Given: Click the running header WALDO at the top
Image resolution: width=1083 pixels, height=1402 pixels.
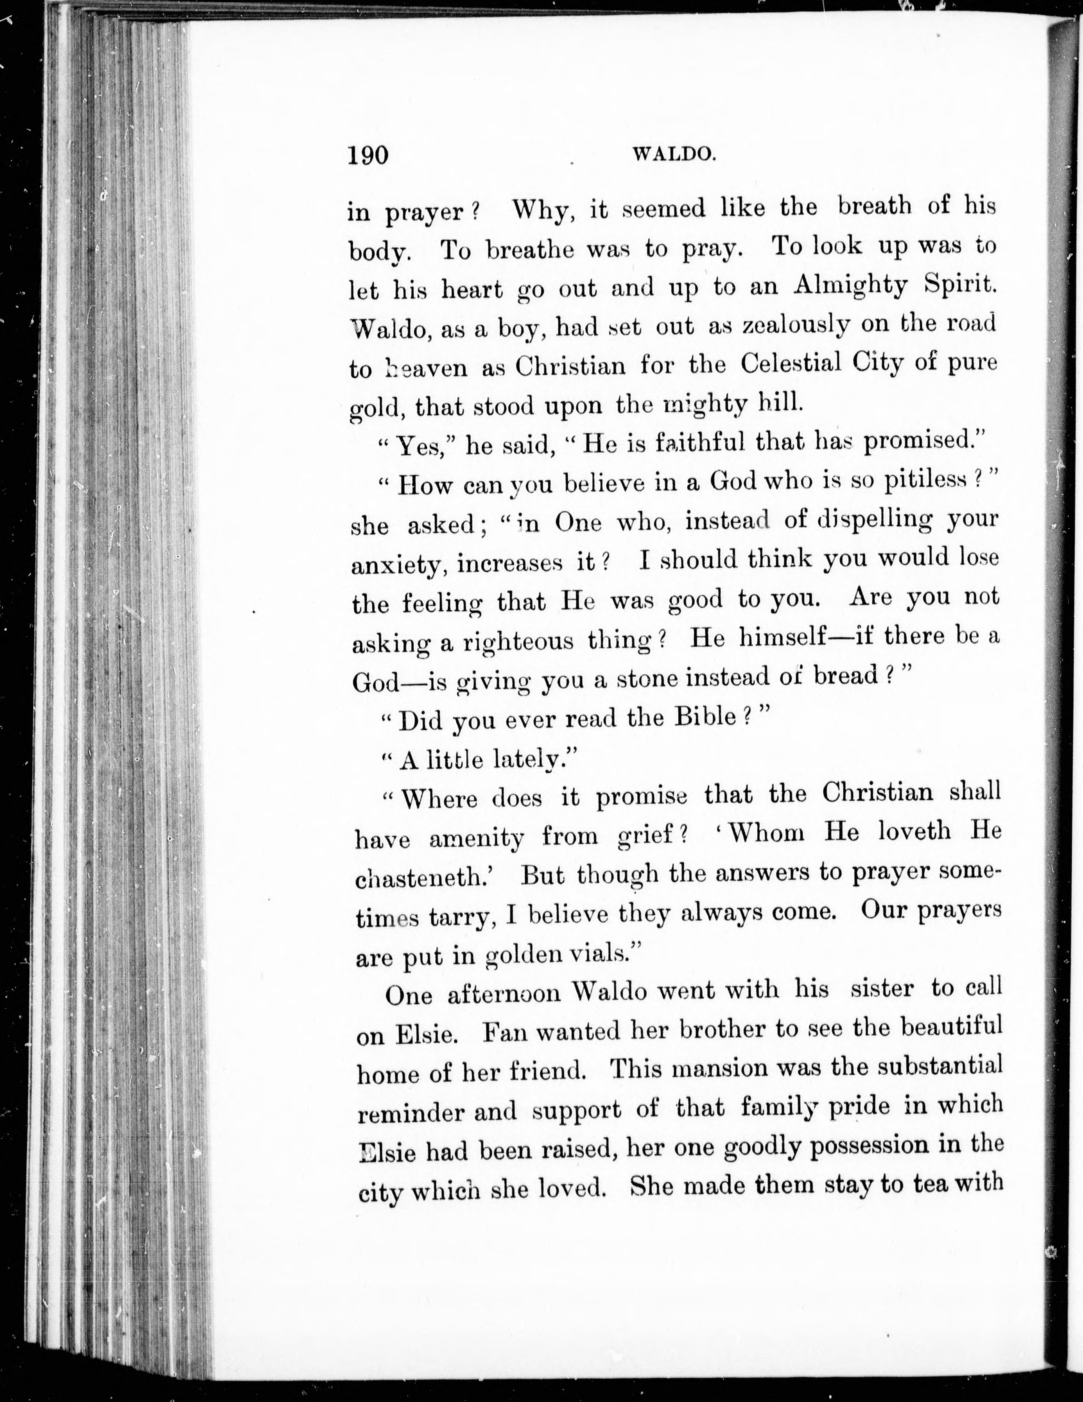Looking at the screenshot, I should (674, 154).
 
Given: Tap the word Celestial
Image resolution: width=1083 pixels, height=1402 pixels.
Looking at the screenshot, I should (790, 364).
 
